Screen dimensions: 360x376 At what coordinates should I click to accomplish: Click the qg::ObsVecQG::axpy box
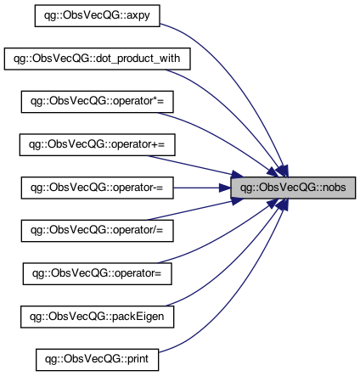(98, 16)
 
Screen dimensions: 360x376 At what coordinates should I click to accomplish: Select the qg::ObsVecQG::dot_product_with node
(98, 59)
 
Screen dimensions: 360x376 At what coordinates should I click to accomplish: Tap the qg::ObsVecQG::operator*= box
(98, 102)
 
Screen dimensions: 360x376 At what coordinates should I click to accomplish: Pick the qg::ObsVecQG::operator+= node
(98, 145)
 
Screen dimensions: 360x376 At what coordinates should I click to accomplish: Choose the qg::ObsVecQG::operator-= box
(98, 188)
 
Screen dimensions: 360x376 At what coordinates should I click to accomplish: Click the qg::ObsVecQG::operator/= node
(98, 231)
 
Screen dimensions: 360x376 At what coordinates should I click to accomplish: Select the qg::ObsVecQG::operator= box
(98, 274)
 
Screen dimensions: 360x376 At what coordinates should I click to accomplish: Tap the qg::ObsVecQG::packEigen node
(98, 317)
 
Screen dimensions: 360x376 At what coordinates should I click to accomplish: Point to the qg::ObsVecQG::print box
(98, 360)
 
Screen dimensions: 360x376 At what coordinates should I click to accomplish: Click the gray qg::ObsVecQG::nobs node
(293, 188)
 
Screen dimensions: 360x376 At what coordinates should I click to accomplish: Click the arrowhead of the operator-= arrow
(225, 188)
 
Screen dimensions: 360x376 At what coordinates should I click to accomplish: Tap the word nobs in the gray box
(335, 188)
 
